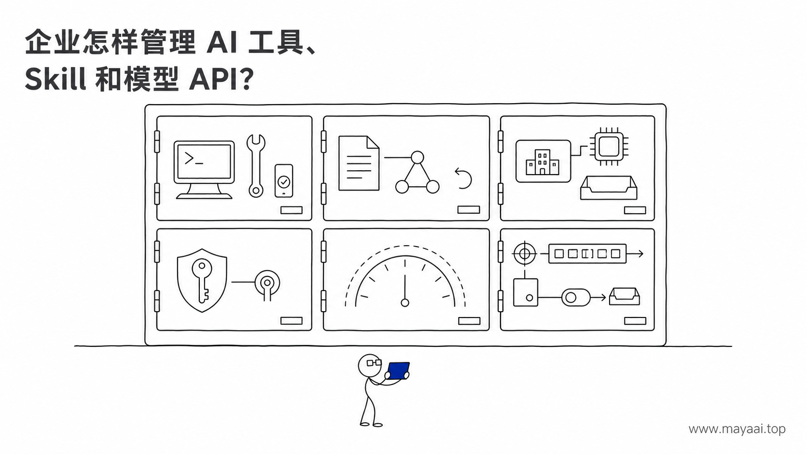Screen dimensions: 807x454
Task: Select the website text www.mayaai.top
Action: pyautogui.click(x=737, y=429)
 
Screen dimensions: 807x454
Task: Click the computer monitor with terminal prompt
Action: pyautogui.click(x=204, y=169)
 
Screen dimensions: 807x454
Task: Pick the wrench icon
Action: pyautogui.click(x=256, y=165)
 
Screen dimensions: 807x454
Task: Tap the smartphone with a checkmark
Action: pyautogui.click(x=284, y=181)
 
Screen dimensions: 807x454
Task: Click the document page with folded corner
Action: pyautogui.click(x=359, y=163)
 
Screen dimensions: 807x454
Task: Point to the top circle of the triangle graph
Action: pyautogui.click(x=417, y=157)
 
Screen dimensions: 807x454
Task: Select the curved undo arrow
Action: pyautogui.click(x=463, y=178)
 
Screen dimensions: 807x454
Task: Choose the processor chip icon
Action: pyautogui.click(x=609, y=147)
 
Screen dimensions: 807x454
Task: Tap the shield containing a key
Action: pyautogui.click(x=202, y=280)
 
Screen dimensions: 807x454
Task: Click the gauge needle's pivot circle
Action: pyautogui.click(x=405, y=303)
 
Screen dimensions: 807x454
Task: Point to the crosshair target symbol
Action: pyautogui.click(x=525, y=254)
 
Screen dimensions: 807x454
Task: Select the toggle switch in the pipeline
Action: pyautogui.click(x=576, y=297)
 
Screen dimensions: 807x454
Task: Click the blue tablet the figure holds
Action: pyautogui.click(x=398, y=371)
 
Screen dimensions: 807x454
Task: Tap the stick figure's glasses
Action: pyautogui.click(x=374, y=362)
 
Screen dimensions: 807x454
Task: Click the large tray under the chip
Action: pyautogui.click(x=609, y=188)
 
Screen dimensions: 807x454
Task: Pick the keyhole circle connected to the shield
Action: pyautogui.click(x=267, y=283)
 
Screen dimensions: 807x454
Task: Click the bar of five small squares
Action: pyautogui.click(x=587, y=254)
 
